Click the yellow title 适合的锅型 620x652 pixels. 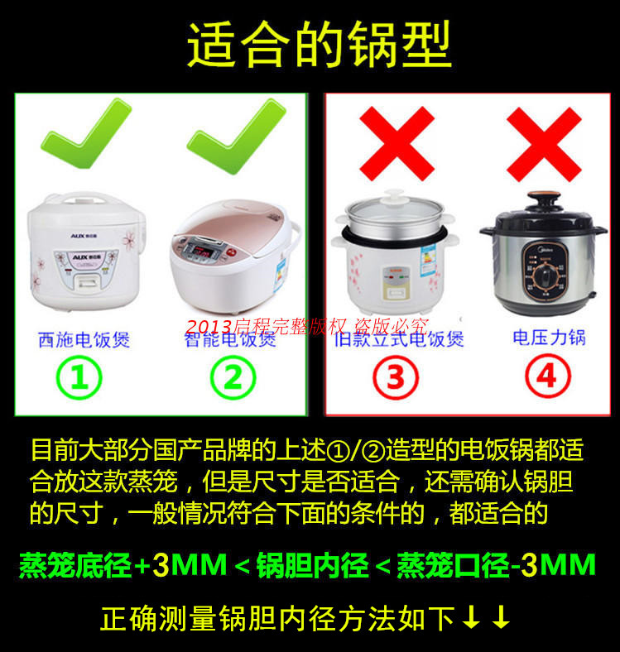pyautogui.click(x=319, y=44)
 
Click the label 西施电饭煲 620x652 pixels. pyautogui.click(x=84, y=340)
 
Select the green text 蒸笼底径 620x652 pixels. pyautogui.click(x=75, y=566)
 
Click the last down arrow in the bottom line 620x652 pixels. pyautogui.click(x=501, y=618)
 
